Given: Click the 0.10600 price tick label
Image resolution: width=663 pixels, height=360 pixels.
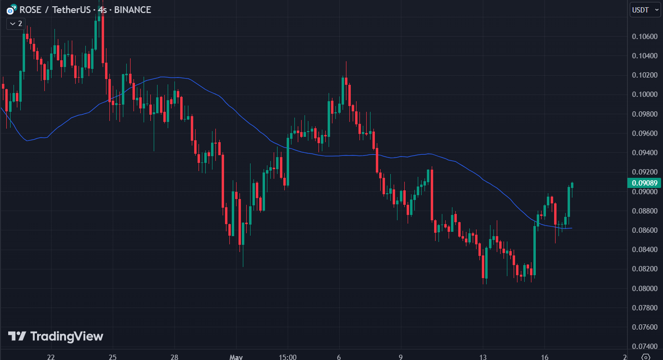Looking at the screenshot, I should pos(644,37).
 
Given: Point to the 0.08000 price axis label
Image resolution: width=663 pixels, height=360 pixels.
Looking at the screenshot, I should pos(644,289).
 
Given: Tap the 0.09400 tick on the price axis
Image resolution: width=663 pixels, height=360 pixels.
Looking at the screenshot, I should pos(644,153).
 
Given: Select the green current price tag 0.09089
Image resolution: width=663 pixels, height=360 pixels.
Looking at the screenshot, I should pos(644,183).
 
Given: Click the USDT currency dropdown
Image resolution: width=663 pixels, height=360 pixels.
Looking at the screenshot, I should pos(645,10).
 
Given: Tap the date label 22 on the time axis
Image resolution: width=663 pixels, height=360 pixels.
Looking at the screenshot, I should pos(51,357).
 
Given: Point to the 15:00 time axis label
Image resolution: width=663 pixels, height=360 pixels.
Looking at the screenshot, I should pos(287,357).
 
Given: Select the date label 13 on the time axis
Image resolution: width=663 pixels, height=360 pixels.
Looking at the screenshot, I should pos(483,357).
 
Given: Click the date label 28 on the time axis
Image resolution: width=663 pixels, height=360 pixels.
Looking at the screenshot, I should pos(174,357).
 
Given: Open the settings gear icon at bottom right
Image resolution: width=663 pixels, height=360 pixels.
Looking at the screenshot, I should pos(646,357).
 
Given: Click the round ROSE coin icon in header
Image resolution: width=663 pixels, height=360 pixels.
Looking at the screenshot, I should pos(10,10).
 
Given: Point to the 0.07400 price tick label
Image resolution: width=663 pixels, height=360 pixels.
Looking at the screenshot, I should pos(644,347).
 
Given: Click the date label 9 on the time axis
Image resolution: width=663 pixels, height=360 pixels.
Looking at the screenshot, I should pos(401,357).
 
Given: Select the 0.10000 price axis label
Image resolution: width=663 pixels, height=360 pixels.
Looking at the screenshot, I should pos(644,94).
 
